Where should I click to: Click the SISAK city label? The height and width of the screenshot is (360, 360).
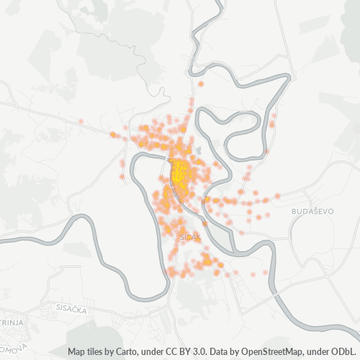(190, 235)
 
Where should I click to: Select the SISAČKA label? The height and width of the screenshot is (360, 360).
(71, 307)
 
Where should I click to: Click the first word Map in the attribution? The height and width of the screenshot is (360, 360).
(76, 352)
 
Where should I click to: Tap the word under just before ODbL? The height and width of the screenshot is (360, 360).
(319, 352)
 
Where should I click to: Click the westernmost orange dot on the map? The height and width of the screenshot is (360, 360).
(81, 121)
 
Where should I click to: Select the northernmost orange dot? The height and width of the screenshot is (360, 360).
(201, 84)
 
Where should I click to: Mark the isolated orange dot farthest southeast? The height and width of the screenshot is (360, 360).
(265, 271)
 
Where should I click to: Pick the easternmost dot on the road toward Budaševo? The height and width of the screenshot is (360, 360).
(278, 196)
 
